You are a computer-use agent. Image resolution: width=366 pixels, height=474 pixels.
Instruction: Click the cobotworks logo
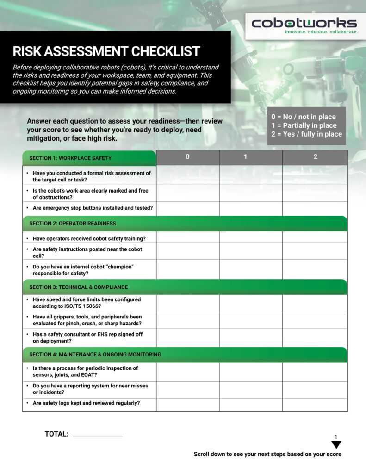[x=304, y=23]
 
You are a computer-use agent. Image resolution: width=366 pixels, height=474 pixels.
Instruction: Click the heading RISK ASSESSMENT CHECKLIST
[x=106, y=51]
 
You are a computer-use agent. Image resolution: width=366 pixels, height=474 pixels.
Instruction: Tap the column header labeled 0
[x=187, y=157]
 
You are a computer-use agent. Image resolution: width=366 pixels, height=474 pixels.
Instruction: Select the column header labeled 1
[x=245, y=157]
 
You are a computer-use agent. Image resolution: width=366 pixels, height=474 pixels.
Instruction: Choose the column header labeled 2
[x=315, y=157]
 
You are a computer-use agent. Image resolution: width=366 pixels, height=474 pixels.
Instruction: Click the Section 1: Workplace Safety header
[x=70, y=158]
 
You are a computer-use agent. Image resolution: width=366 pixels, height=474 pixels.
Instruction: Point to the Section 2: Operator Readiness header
[x=73, y=223]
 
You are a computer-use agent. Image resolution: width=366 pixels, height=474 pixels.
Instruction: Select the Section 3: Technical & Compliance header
[x=79, y=287]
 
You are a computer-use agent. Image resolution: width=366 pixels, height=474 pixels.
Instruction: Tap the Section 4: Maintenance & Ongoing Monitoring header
[x=95, y=354]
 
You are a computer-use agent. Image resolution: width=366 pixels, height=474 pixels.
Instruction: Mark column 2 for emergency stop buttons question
[x=315, y=208]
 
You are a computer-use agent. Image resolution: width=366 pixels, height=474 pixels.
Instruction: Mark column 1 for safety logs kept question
[x=251, y=404]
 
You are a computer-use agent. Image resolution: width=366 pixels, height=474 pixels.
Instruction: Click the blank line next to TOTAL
[x=98, y=435]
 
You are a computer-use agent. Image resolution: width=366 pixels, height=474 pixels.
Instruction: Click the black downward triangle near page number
[x=336, y=444]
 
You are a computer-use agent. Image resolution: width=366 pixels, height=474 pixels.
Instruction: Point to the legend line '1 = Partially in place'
[x=304, y=125]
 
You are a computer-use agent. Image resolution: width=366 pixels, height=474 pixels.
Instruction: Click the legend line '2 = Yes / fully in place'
[x=306, y=134]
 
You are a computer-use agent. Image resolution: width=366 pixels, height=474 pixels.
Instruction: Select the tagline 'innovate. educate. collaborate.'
[x=321, y=32]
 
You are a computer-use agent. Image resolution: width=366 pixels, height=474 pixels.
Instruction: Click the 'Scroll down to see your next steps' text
[x=267, y=454]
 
